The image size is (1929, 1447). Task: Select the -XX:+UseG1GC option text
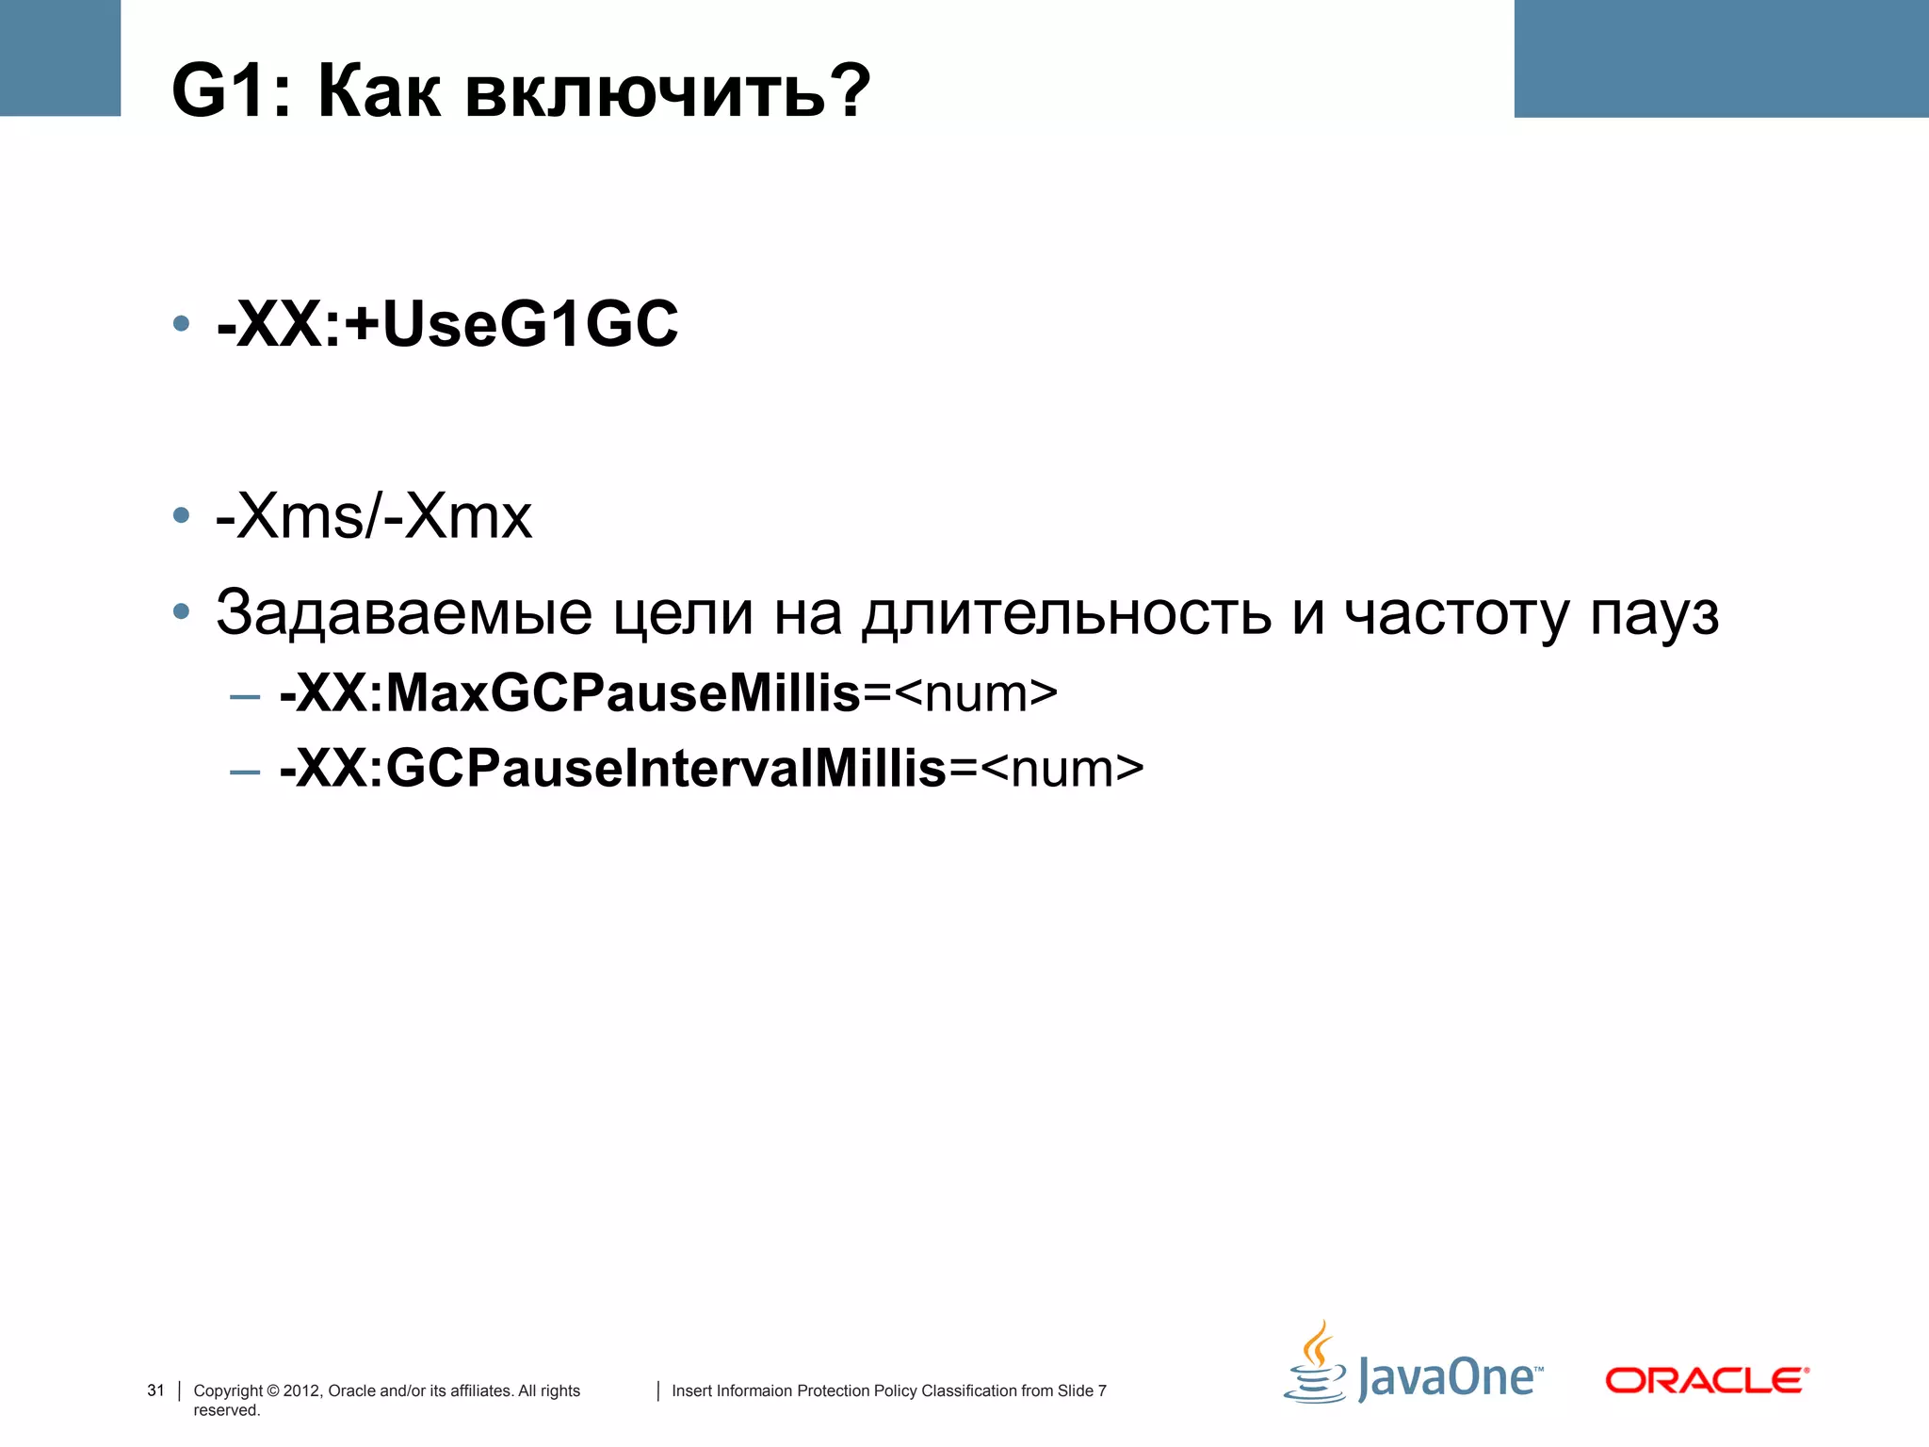[447, 325]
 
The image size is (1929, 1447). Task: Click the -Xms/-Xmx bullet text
[374, 516]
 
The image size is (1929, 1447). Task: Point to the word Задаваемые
[404, 613]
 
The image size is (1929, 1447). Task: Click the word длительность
[1066, 613]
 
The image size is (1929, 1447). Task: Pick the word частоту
[1456, 613]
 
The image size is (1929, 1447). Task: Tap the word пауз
[1655, 613]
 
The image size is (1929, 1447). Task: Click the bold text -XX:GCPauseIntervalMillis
[613, 769]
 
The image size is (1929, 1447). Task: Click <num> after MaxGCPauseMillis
[976, 694]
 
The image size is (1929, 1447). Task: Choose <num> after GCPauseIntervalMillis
[1062, 769]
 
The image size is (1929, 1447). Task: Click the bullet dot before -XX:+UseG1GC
[182, 325]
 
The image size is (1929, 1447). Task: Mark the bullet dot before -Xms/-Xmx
[182, 516]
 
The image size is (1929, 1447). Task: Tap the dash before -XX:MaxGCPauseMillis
[245, 697]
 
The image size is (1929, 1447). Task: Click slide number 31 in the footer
[155, 1390]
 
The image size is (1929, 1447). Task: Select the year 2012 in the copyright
[301, 1390]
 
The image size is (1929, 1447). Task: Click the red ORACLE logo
[1707, 1381]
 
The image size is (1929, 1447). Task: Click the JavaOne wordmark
[1448, 1378]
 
